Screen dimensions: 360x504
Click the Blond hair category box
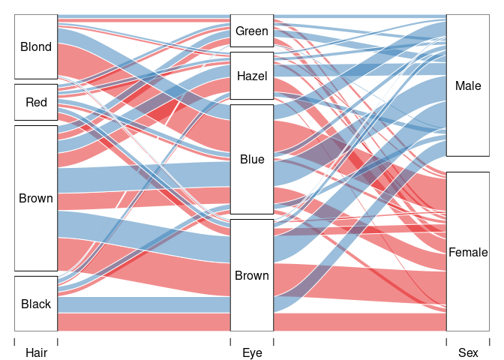tap(36, 46)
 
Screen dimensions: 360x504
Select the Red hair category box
tap(36, 102)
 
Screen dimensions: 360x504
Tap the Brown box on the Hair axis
tap(36, 198)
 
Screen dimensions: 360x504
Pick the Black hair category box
tap(36, 304)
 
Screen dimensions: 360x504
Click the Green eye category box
tap(251, 31)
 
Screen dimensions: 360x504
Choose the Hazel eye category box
tap(251, 76)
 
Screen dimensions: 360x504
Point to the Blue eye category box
tap(251, 159)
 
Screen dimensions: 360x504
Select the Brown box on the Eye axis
tap(251, 275)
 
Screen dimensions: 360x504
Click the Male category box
tap(468, 85)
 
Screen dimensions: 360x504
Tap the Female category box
tap(468, 252)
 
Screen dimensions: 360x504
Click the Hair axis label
tap(36, 352)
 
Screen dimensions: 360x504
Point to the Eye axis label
tap(252, 352)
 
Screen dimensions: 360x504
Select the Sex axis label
tap(468, 352)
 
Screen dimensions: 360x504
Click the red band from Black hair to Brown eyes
tap(142, 322)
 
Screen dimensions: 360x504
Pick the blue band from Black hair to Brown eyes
tap(142, 304)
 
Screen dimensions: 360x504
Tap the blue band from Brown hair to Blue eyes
tap(142, 177)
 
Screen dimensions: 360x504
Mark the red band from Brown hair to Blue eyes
tap(142, 199)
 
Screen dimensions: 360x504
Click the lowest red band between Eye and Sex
tap(360, 322)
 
